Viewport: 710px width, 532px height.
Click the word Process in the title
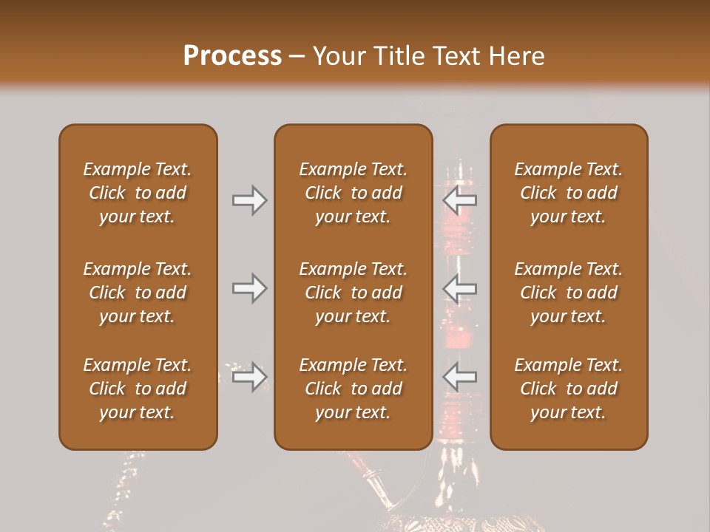[x=232, y=56]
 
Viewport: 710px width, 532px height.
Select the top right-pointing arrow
[x=249, y=200]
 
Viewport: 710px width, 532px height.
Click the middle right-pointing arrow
[x=249, y=288]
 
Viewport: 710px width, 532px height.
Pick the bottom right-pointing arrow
[x=249, y=377]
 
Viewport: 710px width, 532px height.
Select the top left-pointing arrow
[x=460, y=200]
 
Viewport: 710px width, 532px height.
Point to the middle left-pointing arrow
[x=460, y=288]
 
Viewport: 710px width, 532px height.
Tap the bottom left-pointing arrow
[x=460, y=377]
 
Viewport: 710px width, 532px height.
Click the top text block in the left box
[x=138, y=193]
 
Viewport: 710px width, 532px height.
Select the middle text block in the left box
[x=138, y=293]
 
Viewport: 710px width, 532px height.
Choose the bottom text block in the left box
[x=138, y=389]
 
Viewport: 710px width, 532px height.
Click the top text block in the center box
[x=353, y=193]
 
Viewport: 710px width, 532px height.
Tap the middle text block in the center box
[x=353, y=293]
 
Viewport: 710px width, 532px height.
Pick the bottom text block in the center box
[x=353, y=389]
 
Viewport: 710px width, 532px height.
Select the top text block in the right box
[x=568, y=193]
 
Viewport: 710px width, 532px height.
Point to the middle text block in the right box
[x=568, y=293]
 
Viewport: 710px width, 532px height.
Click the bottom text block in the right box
[x=568, y=389]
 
